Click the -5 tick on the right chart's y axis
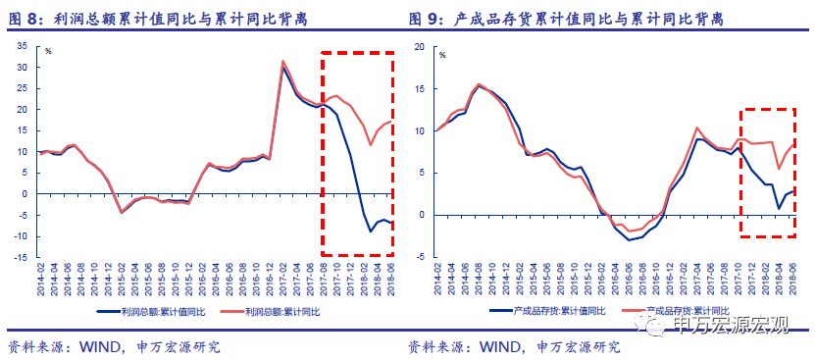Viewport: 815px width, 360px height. (x=419, y=258)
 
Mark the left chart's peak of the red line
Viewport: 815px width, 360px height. (x=283, y=62)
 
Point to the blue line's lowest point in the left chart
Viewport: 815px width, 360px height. (x=371, y=231)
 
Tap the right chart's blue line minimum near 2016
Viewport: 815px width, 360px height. (x=629, y=239)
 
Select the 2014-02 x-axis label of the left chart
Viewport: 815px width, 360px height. (x=41, y=280)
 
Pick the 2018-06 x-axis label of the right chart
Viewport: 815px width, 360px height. (x=791, y=280)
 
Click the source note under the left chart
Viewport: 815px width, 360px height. (x=114, y=346)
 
